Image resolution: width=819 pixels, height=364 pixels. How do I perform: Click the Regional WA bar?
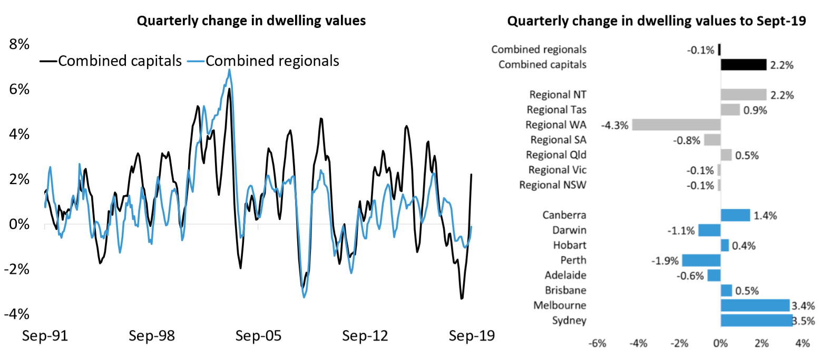coord(676,124)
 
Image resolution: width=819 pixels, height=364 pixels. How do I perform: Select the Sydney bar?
coord(756,320)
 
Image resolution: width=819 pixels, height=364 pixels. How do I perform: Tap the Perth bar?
coord(701,260)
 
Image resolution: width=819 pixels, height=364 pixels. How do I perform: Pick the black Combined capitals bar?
coord(743,64)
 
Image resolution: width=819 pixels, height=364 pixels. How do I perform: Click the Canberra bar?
coord(735,215)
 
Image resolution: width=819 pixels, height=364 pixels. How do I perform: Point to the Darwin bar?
coord(709,230)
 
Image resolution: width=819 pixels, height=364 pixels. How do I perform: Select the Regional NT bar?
coord(743,94)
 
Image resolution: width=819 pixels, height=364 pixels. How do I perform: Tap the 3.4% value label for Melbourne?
coord(803,305)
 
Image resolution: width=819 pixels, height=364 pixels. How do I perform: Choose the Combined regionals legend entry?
coord(271,61)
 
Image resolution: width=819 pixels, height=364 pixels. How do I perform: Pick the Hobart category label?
coord(569,245)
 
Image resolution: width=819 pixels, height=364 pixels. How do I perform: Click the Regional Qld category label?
coord(556,155)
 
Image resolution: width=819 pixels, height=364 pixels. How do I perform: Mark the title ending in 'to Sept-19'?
coord(656,21)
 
